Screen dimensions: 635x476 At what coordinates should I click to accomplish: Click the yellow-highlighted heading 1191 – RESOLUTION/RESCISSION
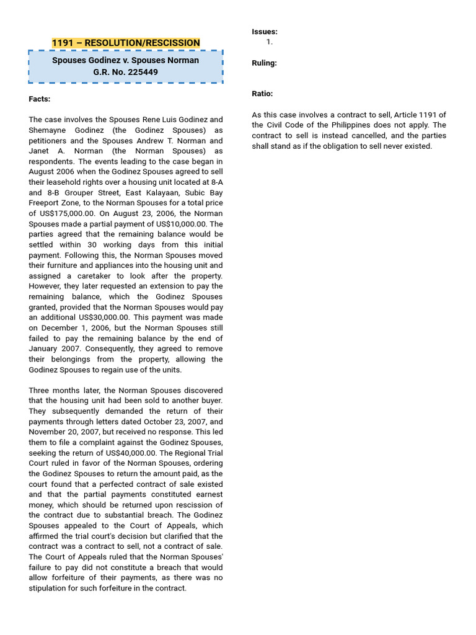pos(126,43)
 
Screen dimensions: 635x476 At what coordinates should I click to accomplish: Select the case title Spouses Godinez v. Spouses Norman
pos(126,60)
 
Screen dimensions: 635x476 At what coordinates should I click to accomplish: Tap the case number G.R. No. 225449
pos(126,72)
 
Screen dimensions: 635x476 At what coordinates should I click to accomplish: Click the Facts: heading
pos(40,99)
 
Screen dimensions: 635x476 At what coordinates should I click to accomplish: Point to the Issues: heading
pos(264,32)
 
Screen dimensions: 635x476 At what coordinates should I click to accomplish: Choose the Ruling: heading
pos(264,63)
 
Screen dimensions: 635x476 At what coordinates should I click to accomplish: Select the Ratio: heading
pos(262,94)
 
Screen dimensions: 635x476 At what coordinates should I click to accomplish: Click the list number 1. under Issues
pos(270,42)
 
